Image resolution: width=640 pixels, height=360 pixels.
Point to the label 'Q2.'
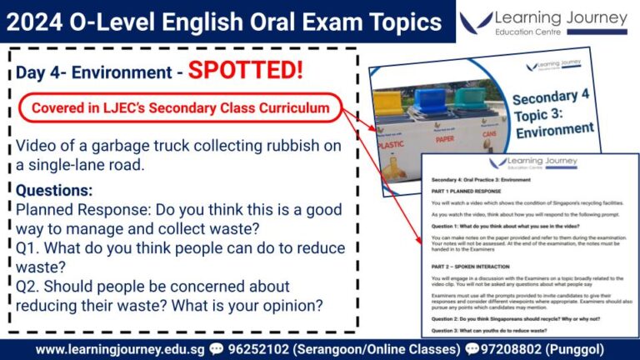30,286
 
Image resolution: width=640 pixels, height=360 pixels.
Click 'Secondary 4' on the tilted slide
551,96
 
